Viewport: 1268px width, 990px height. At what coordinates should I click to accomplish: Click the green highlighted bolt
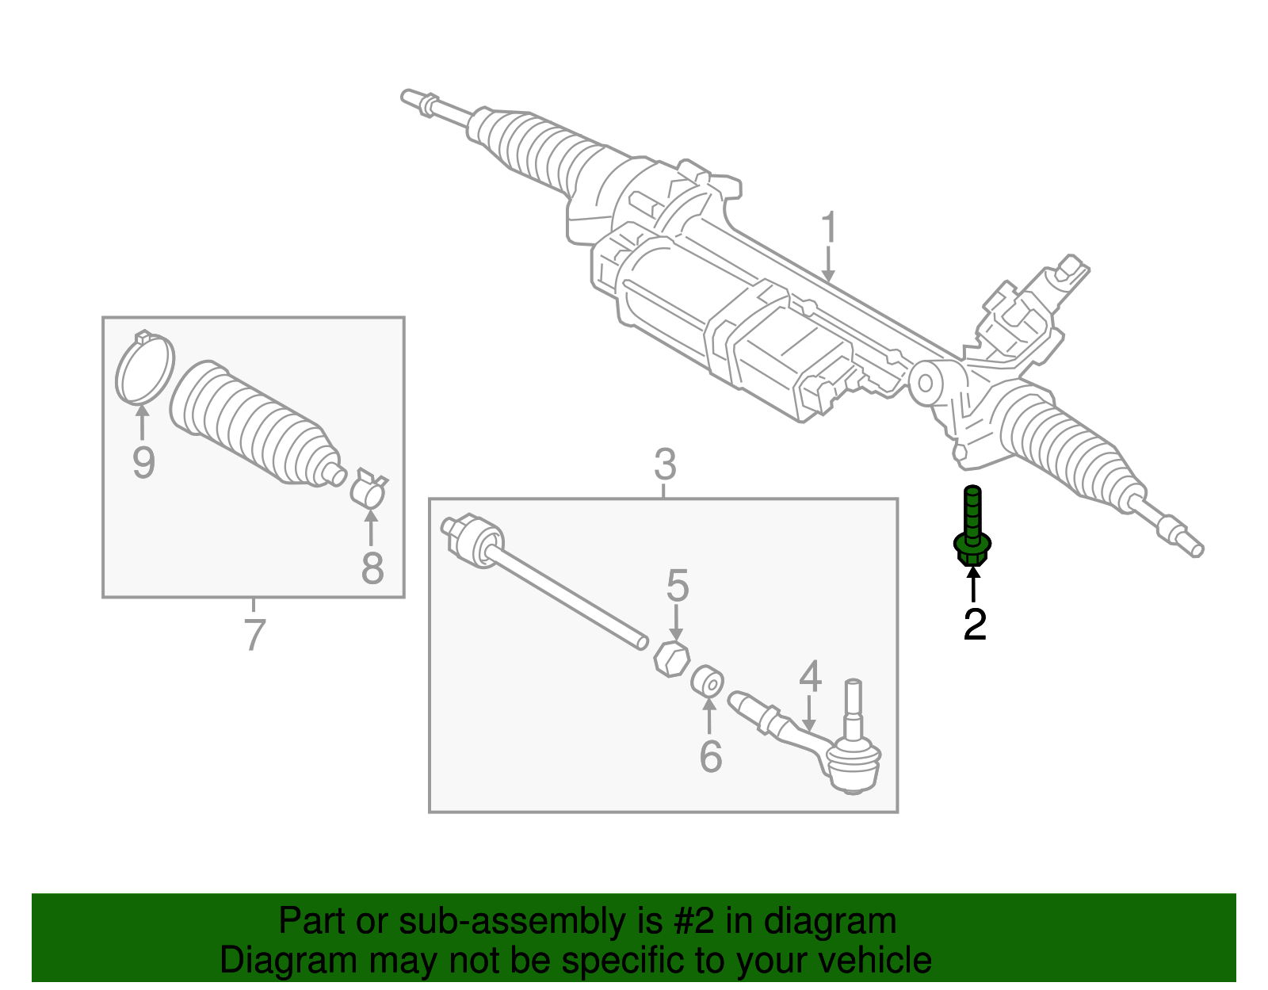972,527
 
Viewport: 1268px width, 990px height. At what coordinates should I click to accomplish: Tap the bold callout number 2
975,625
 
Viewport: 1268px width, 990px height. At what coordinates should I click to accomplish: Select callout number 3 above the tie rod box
665,464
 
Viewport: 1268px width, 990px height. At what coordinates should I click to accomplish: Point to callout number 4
811,677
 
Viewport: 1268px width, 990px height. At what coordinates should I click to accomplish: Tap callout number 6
711,756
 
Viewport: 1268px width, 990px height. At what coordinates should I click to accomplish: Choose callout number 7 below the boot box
254,635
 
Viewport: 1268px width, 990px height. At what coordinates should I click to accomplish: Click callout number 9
143,463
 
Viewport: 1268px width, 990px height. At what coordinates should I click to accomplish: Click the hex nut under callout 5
671,659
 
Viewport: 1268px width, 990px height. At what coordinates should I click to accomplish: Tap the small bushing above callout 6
707,681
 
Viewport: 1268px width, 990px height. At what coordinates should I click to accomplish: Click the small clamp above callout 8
369,487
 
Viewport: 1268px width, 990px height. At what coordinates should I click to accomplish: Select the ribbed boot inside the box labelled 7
257,424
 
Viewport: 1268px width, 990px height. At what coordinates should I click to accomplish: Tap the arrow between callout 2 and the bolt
972,584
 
